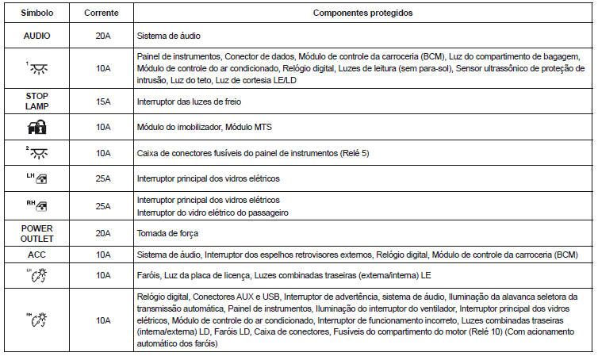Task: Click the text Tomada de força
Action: point(164,233)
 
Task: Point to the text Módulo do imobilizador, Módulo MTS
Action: point(200,127)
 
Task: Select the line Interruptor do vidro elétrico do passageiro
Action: point(212,212)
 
